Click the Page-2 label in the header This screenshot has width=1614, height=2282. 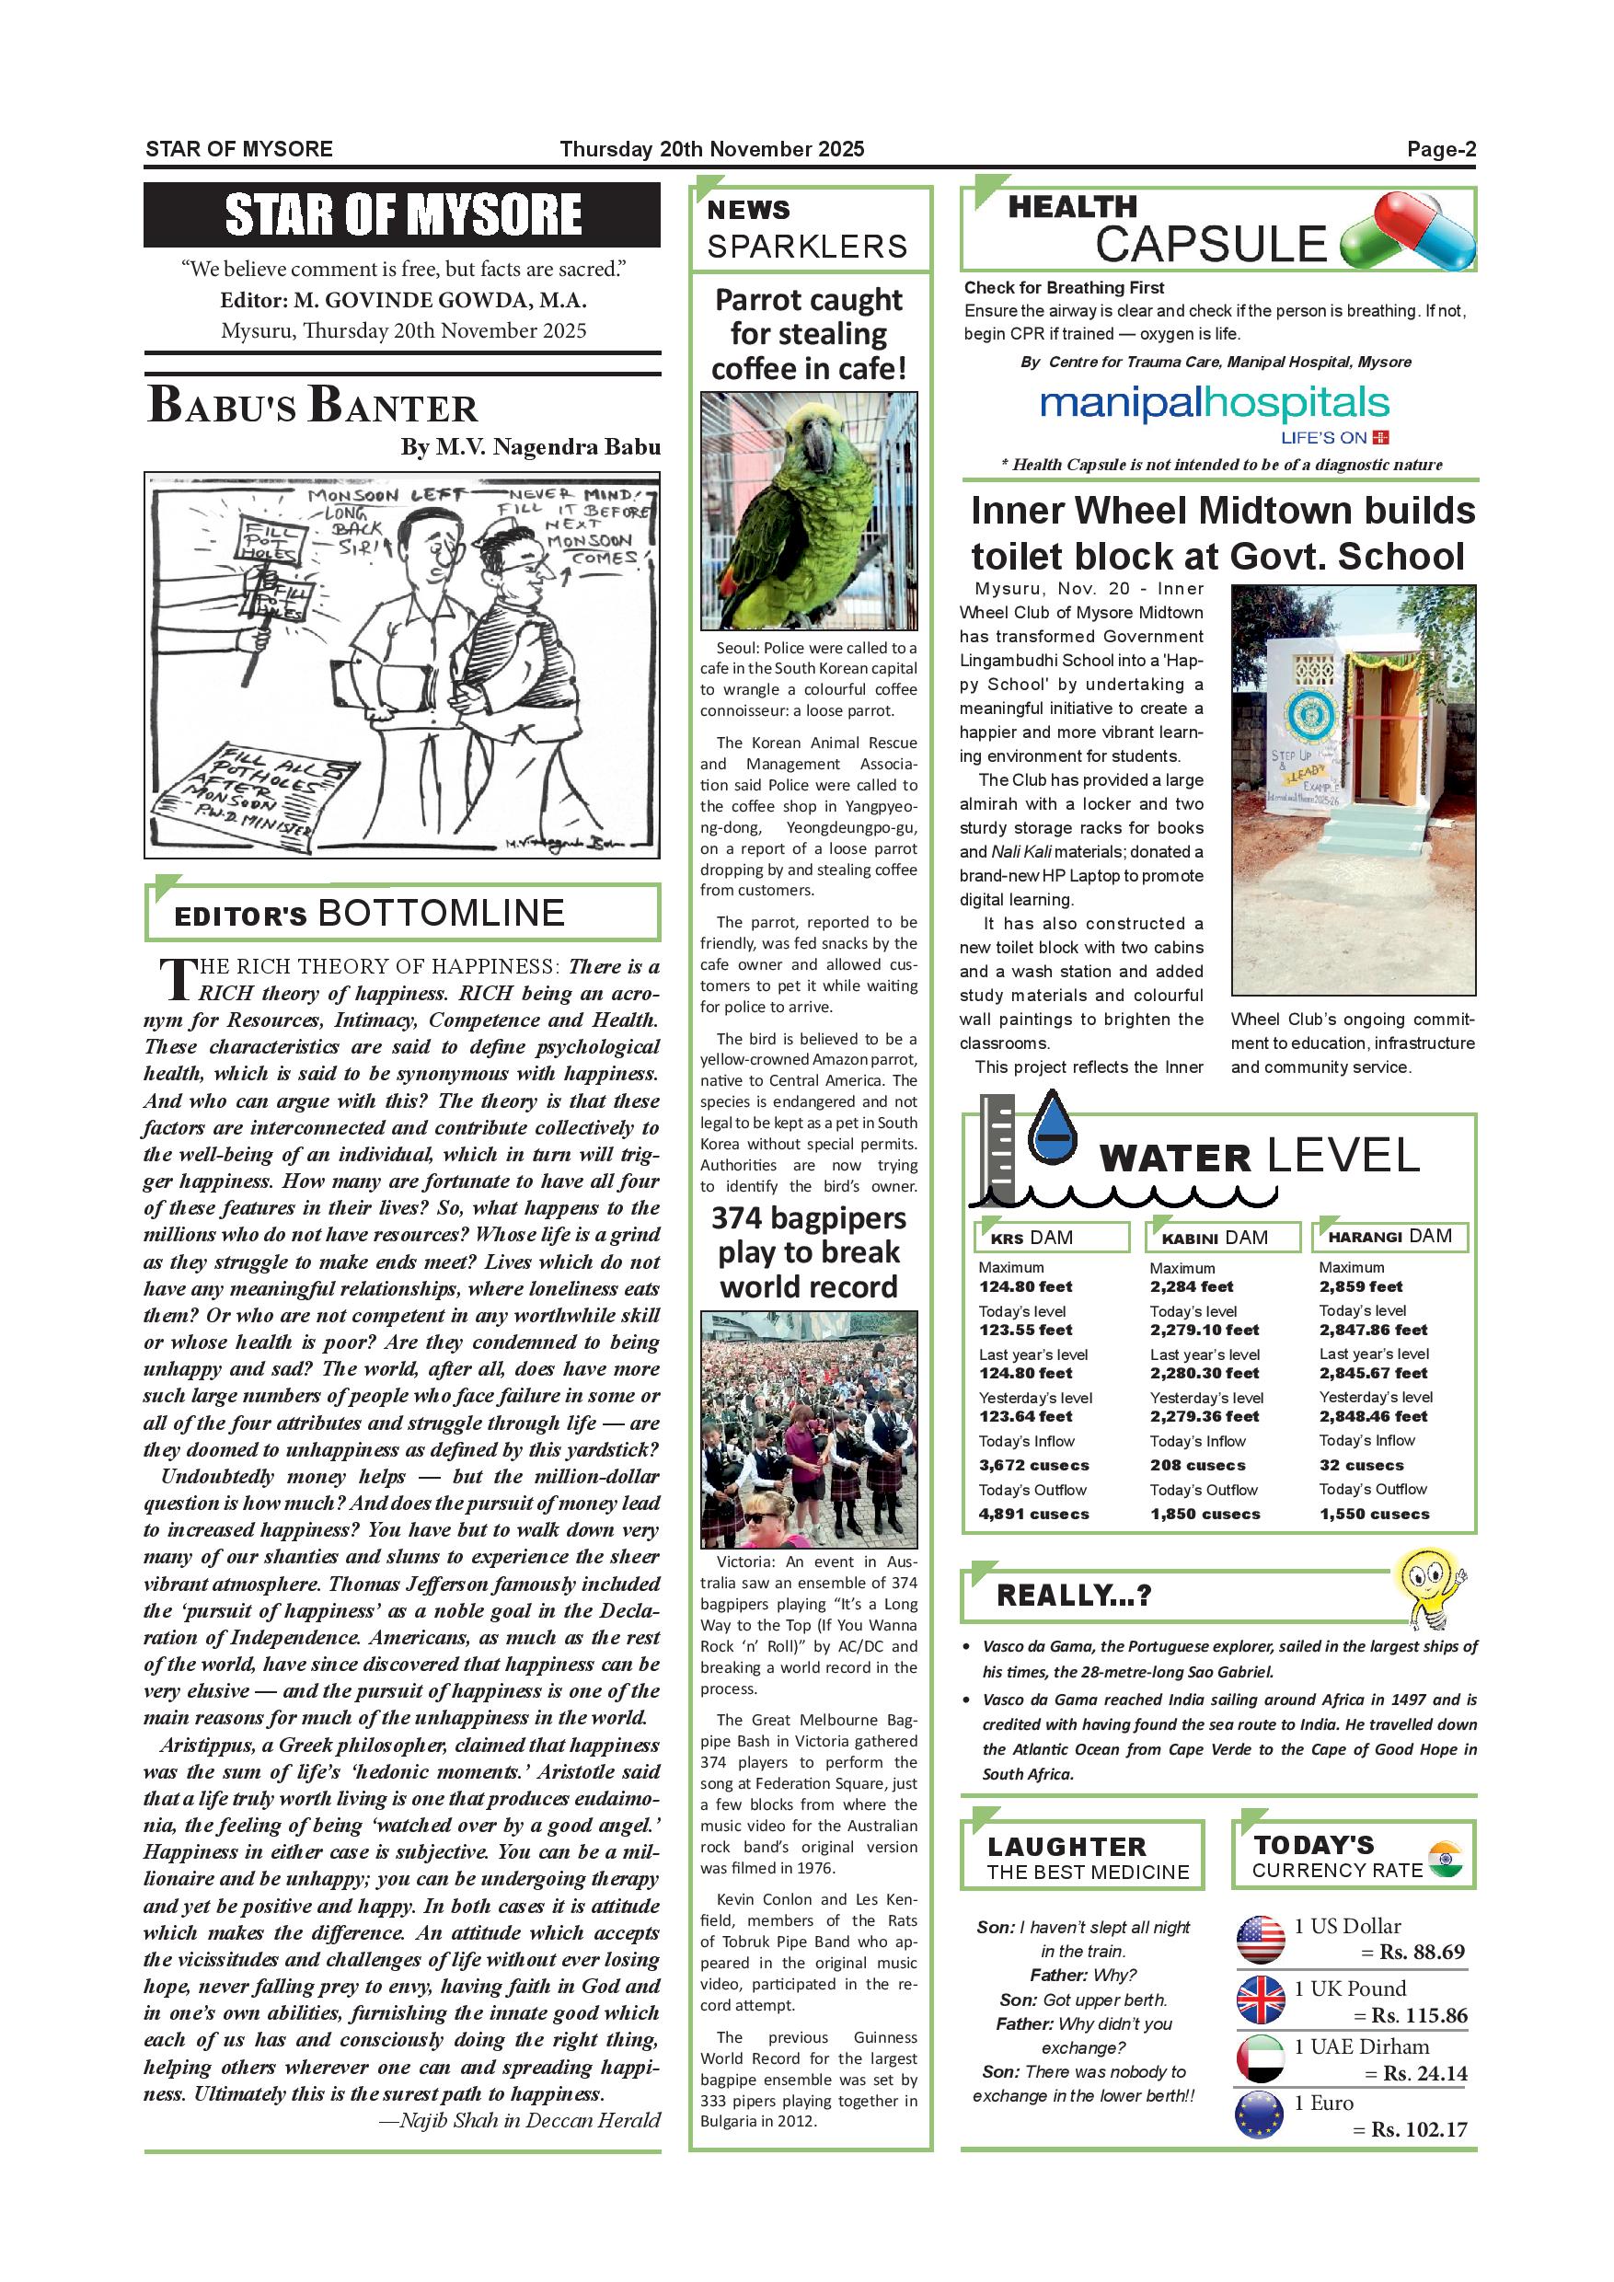pyautogui.click(x=1440, y=150)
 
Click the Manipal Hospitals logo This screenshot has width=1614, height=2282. pyautogui.click(x=1215, y=411)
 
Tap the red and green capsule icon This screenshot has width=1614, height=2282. pyautogui.click(x=1407, y=234)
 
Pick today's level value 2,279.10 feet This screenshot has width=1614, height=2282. pyautogui.click(x=1204, y=1330)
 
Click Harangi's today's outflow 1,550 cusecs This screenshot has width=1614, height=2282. pyautogui.click(x=1375, y=1514)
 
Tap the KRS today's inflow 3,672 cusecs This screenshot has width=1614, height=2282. pyautogui.click(x=1033, y=1465)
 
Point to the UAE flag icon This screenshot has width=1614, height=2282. pyautogui.click(x=1261, y=2058)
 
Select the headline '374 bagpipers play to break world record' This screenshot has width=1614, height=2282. pyautogui.click(x=808, y=1252)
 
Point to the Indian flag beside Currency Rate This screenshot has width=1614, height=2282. pyautogui.click(x=1444, y=1858)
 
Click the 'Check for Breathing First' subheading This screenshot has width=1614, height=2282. pyautogui.click(x=1064, y=288)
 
